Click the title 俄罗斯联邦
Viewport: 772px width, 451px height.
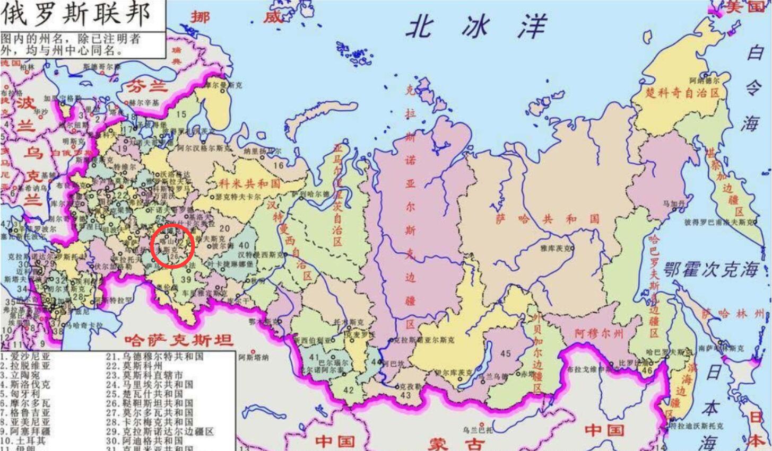[x=76, y=15]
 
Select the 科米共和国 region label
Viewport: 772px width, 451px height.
[x=249, y=184]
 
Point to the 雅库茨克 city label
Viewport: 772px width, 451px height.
[x=557, y=248]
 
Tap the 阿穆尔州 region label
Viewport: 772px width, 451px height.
[x=599, y=333]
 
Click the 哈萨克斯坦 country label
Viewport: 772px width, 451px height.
[x=178, y=340]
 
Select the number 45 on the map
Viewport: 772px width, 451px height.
[x=506, y=353]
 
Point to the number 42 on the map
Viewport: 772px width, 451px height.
[x=348, y=390]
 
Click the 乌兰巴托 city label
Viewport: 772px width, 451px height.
[x=477, y=430]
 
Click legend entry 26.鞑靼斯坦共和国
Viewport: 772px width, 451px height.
[x=149, y=403]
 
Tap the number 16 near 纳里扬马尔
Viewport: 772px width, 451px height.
[x=279, y=165]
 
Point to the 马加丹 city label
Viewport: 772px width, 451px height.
[x=674, y=204]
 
